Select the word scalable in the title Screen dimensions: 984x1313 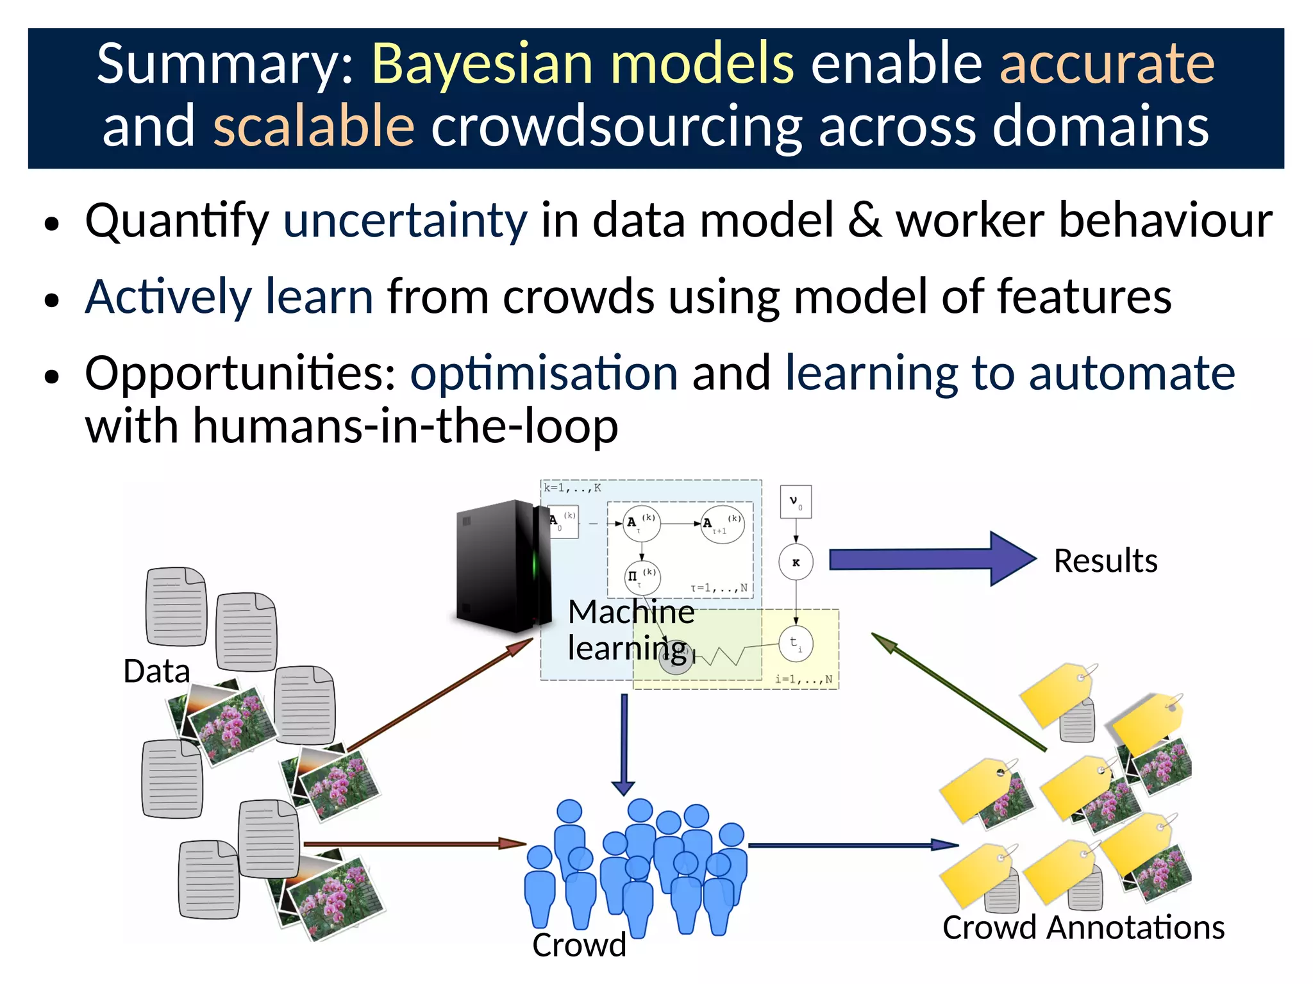pyautogui.click(x=314, y=126)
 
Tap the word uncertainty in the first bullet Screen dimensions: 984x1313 pyautogui.click(x=405, y=221)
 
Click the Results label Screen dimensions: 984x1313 pyautogui.click(x=1105, y=561)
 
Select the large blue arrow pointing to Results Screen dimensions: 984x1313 pyautogui.click(x=930, y=559)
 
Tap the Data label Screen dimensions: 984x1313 pyautogui.click(x=156, y=671)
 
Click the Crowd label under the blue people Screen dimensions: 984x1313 pyautogui.click(x=579, y=945)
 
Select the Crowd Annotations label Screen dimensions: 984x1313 pyautogui.click(x=1083, y=928)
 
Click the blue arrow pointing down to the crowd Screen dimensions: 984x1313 pyautogui.click(x=624, y=744)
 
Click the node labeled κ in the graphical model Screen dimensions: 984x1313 pyautogui.click(x=796, y=562)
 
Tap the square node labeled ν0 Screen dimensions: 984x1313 pyautogui.click(x=796, y=502)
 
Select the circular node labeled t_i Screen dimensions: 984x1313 pyautogui.click(x=796, y=644)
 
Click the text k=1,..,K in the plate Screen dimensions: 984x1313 pyautogui.click(x=573, y=488)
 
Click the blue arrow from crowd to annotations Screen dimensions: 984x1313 pyautogui.click(x=853, y=846)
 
